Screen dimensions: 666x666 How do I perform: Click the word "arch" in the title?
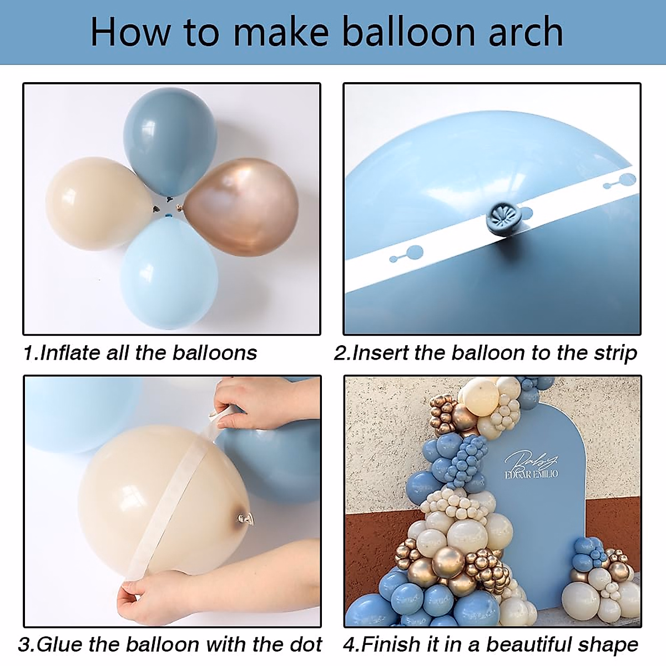526,32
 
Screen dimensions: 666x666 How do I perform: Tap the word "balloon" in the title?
408,32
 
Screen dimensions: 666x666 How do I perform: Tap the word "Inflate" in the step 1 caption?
70,353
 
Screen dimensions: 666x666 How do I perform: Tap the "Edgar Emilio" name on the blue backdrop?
531,473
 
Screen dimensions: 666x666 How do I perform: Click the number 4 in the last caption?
349,644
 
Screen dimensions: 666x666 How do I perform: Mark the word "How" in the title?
129,32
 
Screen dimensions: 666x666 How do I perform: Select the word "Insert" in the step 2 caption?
382,353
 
